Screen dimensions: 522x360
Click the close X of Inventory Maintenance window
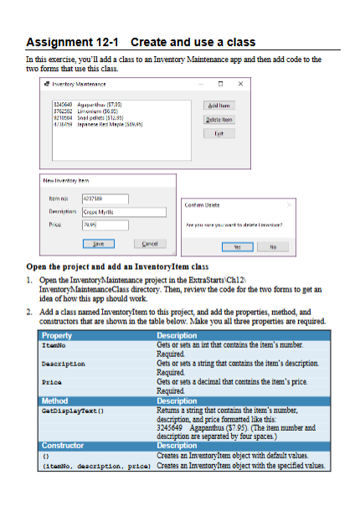tap(240, 83)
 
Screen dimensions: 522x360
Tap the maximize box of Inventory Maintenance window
tap(219, 83)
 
